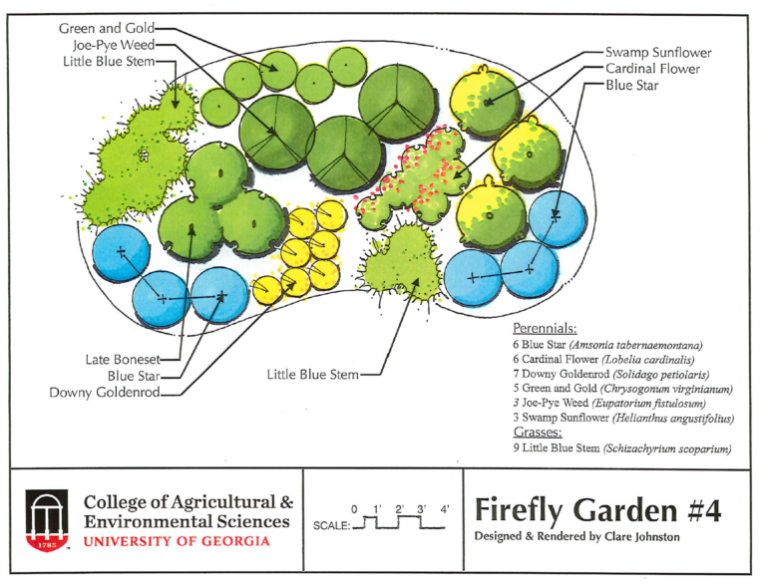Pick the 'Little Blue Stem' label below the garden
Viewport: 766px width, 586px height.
tap(311, 375)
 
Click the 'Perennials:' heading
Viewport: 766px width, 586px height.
tap(545, 326)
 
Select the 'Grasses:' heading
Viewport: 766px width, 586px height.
tap(537, 433)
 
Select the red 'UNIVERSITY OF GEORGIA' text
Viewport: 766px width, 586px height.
tap(177, 542)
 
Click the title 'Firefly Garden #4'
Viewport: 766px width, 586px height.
tap(597, 509)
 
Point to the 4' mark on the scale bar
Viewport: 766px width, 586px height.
tap(444, 509)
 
